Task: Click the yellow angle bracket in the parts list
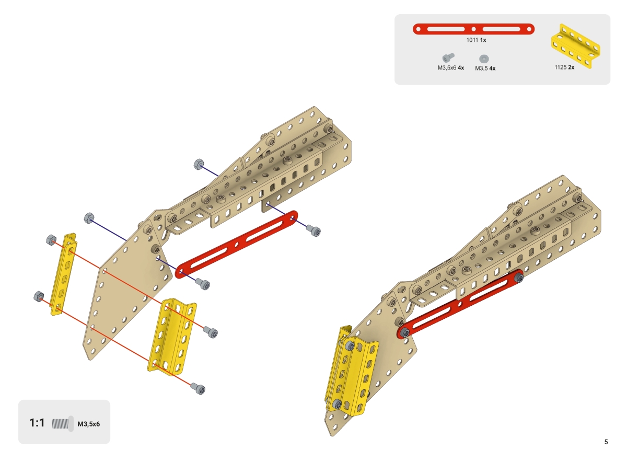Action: [x=574, y=45]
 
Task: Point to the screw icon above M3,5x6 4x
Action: [x=448, y=57]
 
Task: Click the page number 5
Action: [x=606, y=442]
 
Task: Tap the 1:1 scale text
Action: [x=37, y=423]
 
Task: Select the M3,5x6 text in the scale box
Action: [x=88, y=424]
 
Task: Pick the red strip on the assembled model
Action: [x=460, y=305]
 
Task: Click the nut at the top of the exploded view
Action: [x=199, y=164]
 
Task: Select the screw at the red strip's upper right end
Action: [x=313, y=230]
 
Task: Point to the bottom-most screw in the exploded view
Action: [x=199, y=389]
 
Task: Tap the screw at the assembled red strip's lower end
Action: [x=404, y=332]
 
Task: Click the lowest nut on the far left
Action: [x=38, y=296]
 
